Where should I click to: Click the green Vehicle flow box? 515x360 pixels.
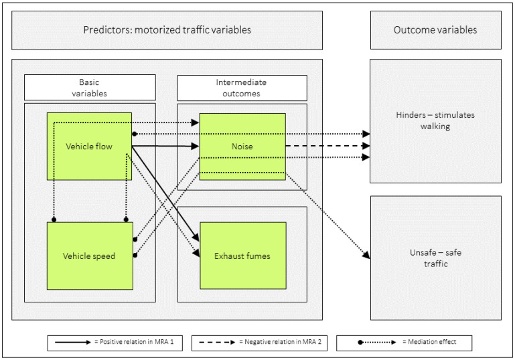pos(89,147)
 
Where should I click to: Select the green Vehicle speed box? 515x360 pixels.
pos(90,256)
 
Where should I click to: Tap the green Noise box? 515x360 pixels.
pos(242,147)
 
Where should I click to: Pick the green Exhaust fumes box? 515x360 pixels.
pos(243,256)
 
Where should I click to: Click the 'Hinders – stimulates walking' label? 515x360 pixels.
pos(435,120)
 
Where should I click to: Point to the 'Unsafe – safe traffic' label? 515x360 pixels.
pos(435,258)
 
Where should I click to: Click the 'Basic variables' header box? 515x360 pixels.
pos(90,88)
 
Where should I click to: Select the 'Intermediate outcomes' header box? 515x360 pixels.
pos(242,88)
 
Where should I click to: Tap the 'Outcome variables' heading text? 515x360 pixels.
pos(435,30)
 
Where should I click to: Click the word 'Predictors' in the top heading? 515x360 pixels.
pos(106,30)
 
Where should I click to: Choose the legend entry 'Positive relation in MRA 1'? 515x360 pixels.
pos(115,343)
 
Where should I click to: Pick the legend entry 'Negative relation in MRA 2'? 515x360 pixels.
pos(259,343)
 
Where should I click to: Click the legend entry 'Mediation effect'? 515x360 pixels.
pos(404,343)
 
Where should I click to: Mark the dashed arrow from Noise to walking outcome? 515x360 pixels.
pos(327,146)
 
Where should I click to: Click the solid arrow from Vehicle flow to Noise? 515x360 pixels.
pos(165,146)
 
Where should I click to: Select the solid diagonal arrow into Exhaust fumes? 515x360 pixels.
pos(165,194)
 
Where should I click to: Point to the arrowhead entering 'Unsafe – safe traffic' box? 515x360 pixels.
pos(366,255)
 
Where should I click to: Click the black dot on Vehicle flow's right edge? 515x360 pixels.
pos(135,134)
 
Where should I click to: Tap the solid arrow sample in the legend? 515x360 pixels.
pos(72,343)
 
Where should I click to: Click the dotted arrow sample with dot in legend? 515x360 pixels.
pos(377,343)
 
